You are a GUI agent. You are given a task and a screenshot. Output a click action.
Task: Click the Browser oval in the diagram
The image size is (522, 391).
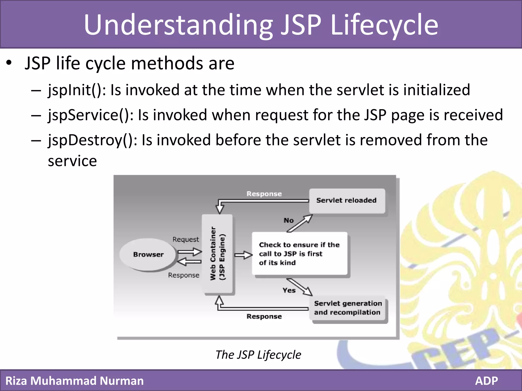pos(148,255)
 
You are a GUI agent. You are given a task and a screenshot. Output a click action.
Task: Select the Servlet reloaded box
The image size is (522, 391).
pos(347,201)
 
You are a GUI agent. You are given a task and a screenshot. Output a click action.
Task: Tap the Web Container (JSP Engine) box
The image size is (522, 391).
pos(217,254)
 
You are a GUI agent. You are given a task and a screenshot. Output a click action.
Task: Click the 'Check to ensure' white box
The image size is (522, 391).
pos(299,254)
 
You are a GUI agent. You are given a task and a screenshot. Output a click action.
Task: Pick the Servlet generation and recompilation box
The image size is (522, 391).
pos(348,308)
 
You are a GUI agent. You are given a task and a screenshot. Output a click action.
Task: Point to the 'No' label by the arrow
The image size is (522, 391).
pos(289,220)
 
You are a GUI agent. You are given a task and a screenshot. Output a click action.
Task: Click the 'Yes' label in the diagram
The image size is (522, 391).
pos(289,290)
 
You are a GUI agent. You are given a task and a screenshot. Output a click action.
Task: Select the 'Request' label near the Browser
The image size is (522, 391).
pos(186,240)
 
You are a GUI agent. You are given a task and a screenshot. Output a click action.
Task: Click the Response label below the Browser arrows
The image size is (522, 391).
pos(184,275)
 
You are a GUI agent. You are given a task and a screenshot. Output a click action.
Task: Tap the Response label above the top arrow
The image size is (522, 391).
pos(264,194)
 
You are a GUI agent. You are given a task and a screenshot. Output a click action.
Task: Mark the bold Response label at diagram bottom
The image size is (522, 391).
pos(264,317)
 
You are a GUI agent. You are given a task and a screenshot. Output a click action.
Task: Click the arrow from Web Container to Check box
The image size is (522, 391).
pos(243,255)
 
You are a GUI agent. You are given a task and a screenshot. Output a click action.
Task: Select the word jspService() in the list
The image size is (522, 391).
pos(91,115)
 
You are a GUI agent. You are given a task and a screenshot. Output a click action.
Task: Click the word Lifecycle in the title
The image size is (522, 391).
pos(384,25)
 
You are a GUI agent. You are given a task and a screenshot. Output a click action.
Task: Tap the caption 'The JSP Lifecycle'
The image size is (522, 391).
pos(258,355)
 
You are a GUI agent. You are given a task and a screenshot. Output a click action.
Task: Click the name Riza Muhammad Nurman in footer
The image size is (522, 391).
pos(74,381)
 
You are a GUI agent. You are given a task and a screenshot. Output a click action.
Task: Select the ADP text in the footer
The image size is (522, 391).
pos(486,381)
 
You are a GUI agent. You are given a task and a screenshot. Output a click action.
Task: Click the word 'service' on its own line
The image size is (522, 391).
pos(72,161)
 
